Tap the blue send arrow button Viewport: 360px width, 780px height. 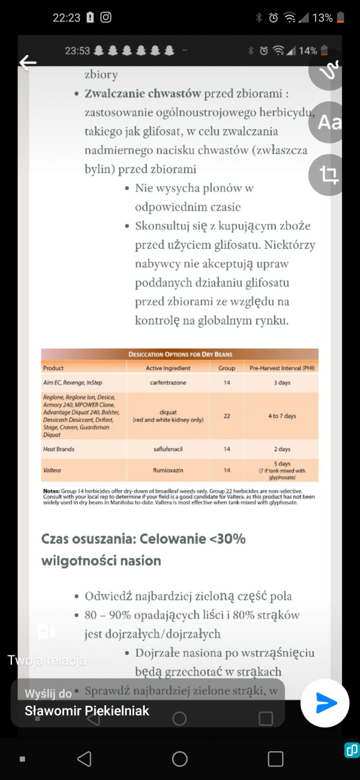[x=325, y=703]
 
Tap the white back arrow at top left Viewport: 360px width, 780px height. [x=28, y=63]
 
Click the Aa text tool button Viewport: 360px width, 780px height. [x=329, y=122]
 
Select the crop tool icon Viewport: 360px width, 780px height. [x=329, y=175]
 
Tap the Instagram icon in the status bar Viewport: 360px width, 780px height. [x=106, y=17]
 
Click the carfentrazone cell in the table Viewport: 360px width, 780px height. [x=168, y=382]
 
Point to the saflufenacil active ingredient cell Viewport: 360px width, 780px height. [x=168, y=449]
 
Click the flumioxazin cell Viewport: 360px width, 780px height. [x=168, y=471]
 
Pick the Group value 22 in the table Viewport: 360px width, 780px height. [x=227, y=416]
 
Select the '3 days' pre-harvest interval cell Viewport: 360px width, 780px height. [x=282, y=382]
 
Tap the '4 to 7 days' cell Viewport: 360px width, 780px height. [x=282, y=416]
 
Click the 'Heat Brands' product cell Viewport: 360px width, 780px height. [x=58, y=449]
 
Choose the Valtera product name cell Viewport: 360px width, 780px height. [x=53, y=471]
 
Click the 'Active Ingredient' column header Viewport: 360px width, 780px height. [x=168, y=368]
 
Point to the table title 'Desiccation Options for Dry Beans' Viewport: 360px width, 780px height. [x=180, y=354]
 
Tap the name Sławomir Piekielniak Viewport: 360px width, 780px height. [x=87, y=711]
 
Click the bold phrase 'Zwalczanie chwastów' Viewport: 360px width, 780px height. [x=143, y=94]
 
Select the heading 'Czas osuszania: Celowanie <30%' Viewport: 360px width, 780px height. [x=143, y=539]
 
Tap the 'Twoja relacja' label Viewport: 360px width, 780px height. [x=47, y=660]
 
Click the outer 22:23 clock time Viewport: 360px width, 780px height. [x=66, y=18]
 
